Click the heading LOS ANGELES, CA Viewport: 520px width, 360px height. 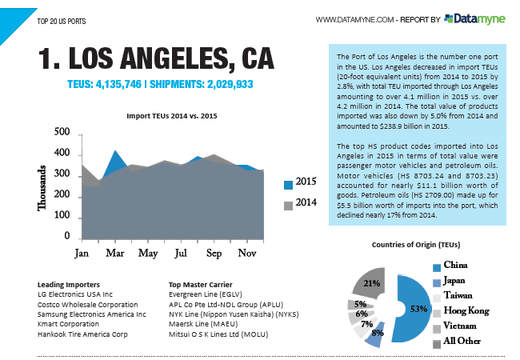pyautogui.click(x=156, y=58)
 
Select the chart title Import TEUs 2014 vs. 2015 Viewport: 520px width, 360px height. pyautogui.click(x=173, y=116)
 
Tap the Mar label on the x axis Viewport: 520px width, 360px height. pyautogui.click(x=115, y=254)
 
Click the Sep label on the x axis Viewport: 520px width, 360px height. pyautogui.click(x=214, y=254)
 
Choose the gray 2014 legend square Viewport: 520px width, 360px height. pyautogui.click(x=288, y=205)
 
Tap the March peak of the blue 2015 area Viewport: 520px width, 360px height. pyautogui.click(x=116, y=150)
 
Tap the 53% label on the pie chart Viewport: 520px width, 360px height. pyautogui.click(x=414, y=309)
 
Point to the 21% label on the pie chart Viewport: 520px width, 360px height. pyautogui.click(x=371, y=283)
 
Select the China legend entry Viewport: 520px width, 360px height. pyautogui.click(x=455, y=265)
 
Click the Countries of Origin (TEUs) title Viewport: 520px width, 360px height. pyautogui.click(x=415, y=244)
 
